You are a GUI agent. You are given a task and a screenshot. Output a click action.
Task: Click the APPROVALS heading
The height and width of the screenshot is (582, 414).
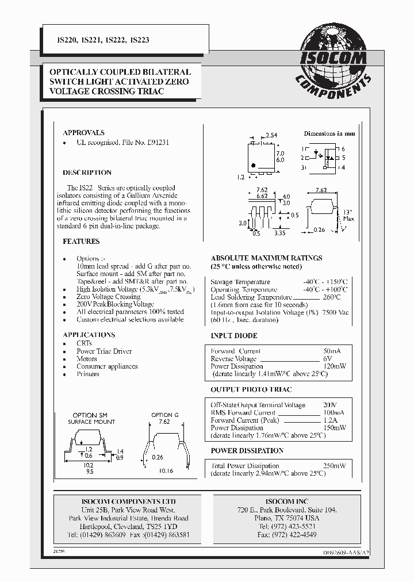coord(83,133)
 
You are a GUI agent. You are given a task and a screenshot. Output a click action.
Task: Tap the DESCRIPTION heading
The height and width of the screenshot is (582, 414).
coord(87,173)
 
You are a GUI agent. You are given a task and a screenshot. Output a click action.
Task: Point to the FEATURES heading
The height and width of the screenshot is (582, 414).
coord(81,242)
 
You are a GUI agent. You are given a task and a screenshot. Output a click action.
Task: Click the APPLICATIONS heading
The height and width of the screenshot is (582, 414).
coord(89,335)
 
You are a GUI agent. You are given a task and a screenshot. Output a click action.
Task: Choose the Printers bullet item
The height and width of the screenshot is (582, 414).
coord(88,374)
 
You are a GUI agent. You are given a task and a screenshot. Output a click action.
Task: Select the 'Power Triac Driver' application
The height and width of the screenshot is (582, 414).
coord(104,351)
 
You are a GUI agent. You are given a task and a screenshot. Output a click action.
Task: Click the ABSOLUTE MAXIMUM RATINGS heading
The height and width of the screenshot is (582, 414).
coord(266,258)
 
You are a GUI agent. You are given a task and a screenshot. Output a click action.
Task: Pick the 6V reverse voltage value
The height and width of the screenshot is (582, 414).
coord(328,358)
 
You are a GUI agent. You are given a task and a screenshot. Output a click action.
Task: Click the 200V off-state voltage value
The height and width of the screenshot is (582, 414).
coord(331,405)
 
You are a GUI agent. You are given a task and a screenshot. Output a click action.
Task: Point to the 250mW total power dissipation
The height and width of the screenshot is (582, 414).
coord(334,466)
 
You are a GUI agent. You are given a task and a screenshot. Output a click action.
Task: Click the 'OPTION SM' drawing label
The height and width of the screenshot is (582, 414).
coord(90,415)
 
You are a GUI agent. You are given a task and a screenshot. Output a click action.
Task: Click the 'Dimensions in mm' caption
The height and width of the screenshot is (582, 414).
coord(329,133)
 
